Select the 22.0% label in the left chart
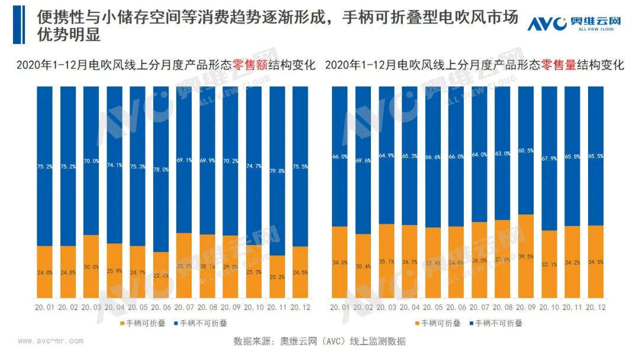pyautogui.click(x=160, y=275)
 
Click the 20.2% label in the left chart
pyautogui.click(x=277, y=276)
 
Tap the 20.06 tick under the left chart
pyautogui.click(x=160, y=307)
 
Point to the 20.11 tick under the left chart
pyautogui.click(x=277, y=307)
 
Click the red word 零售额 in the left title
pyautogui.click(x=251, y=65)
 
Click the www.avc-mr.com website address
pyautogui.click(x=51, y=341)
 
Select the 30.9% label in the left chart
pyautogui.click(x=184, y=266)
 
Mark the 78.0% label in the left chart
pyautogui.click(x=160, y=169)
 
